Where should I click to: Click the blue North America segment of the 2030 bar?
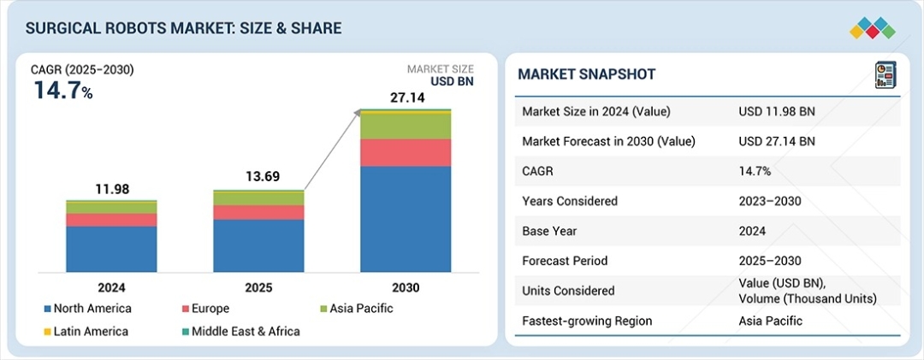[406, 218]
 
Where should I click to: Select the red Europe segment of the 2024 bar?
[111, 220]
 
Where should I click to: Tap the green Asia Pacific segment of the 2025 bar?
[258, 198]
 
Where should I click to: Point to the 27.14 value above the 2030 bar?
[406, 97]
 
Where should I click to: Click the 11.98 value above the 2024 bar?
[111, 189]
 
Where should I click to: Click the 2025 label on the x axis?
[258, 288]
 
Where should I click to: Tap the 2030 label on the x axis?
[406, 288]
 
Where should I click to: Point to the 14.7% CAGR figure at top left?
[62, 90]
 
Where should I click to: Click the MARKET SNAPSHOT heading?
[586, 74]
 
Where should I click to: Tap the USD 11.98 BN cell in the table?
[776, 111]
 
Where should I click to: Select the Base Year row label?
[549, 231]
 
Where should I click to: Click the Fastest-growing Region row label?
[586, 322]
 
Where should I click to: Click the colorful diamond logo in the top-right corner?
[872, 29]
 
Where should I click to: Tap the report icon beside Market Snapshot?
[884, 75]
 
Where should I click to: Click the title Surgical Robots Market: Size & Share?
[183, 29]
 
